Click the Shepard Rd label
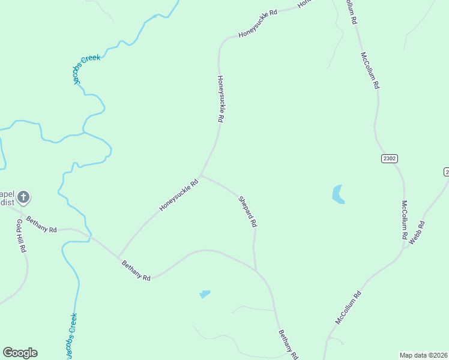pos(247,212)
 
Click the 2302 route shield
pos(389,158)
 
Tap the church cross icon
pos(23,197)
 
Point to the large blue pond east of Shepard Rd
pos(338,194)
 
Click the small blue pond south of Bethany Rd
pos(205,294)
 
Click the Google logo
pos(20,353)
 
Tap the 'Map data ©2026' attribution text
pos(424,355)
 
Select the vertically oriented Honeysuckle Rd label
pos(220,99)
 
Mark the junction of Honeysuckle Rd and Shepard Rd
pos(200,175)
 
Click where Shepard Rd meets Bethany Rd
pos(256,271)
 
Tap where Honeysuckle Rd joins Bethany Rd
pos(118,256)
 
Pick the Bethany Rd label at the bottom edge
pos(288,345)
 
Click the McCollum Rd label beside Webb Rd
pos(404,221)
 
